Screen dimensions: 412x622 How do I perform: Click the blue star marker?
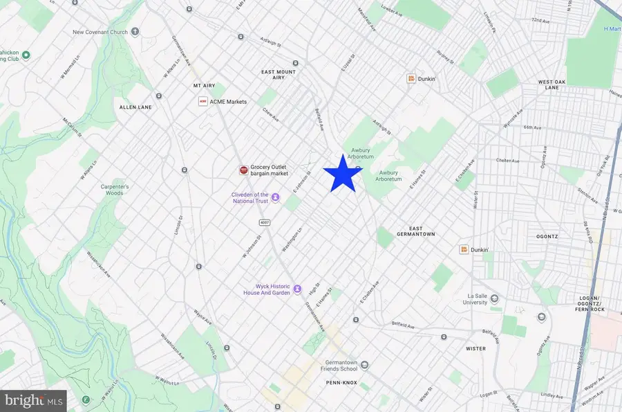pyautogui.click(x=343, y=174)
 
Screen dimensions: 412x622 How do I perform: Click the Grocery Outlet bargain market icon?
pyautogui.click(x=243, y=170)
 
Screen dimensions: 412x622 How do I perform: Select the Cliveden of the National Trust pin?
pyautogui.click(x=275, y=197)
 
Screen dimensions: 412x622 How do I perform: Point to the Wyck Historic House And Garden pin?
pyautogui.click(x=297, y=289)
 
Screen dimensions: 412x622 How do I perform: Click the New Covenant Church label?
pyautogui.click(x=101, y=32)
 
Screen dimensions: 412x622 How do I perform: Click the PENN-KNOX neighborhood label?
pyautogui.click(x=340, y=382)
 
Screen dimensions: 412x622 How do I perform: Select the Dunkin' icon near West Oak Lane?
pyautogui.click(x=411, y=79)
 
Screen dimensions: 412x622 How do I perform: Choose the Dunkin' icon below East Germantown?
pyautogui.click(x=464, y=249)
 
